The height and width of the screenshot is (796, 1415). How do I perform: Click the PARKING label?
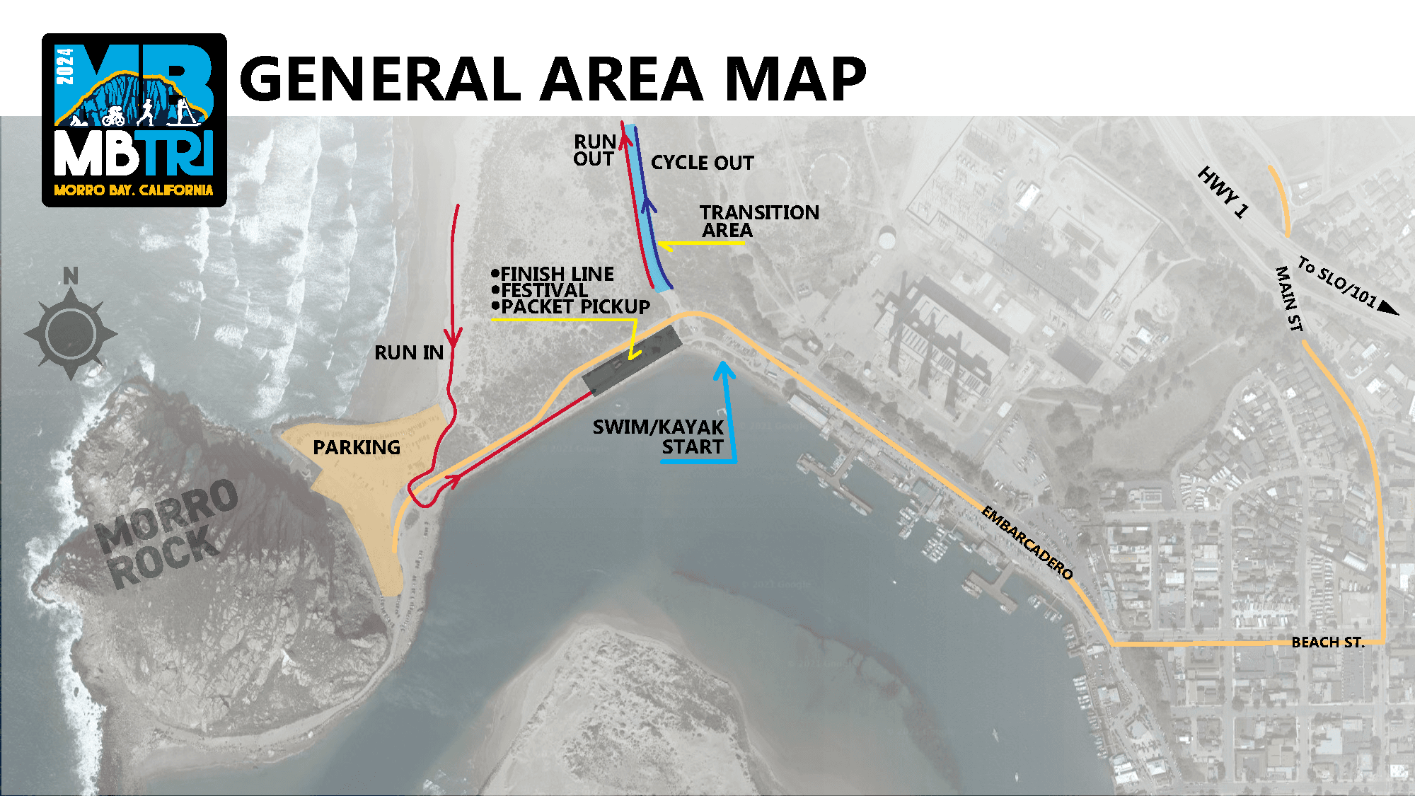click(x=357, y=447)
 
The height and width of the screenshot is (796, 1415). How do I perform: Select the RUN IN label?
click(x=409, y=352)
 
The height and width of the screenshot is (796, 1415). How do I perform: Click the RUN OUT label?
click(x=594, y=150)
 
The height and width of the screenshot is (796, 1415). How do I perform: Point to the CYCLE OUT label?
click(x=702, y=163)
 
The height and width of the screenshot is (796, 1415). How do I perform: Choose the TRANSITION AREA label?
click(x=758, y=221)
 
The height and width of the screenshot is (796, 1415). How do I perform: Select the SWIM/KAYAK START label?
click(x=658, y=437)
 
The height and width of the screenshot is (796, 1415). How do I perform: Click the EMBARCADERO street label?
click(x=1027, y=543)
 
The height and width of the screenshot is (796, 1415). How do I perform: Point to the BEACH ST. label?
click(x=1327, y=642)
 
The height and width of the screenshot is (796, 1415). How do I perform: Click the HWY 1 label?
click(x=1222, y=192)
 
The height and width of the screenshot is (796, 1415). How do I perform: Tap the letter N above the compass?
click(x=71, y=276)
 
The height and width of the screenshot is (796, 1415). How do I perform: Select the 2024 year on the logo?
click(x=65, y=66)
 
